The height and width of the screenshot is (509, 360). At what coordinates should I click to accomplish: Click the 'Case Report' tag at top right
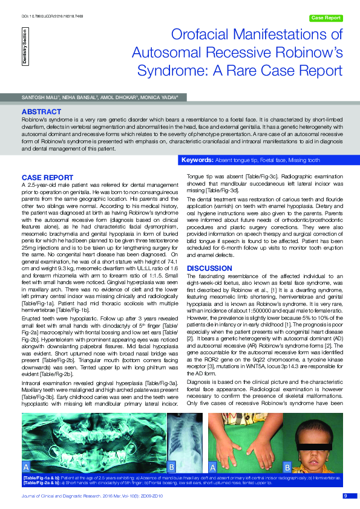point(326,18)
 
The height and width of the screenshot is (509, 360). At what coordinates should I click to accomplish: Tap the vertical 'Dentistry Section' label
point(25,47)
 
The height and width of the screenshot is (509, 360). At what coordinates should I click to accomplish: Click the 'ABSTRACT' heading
point(41,112)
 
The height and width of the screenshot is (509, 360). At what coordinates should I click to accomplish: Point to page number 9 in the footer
point(345,496)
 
